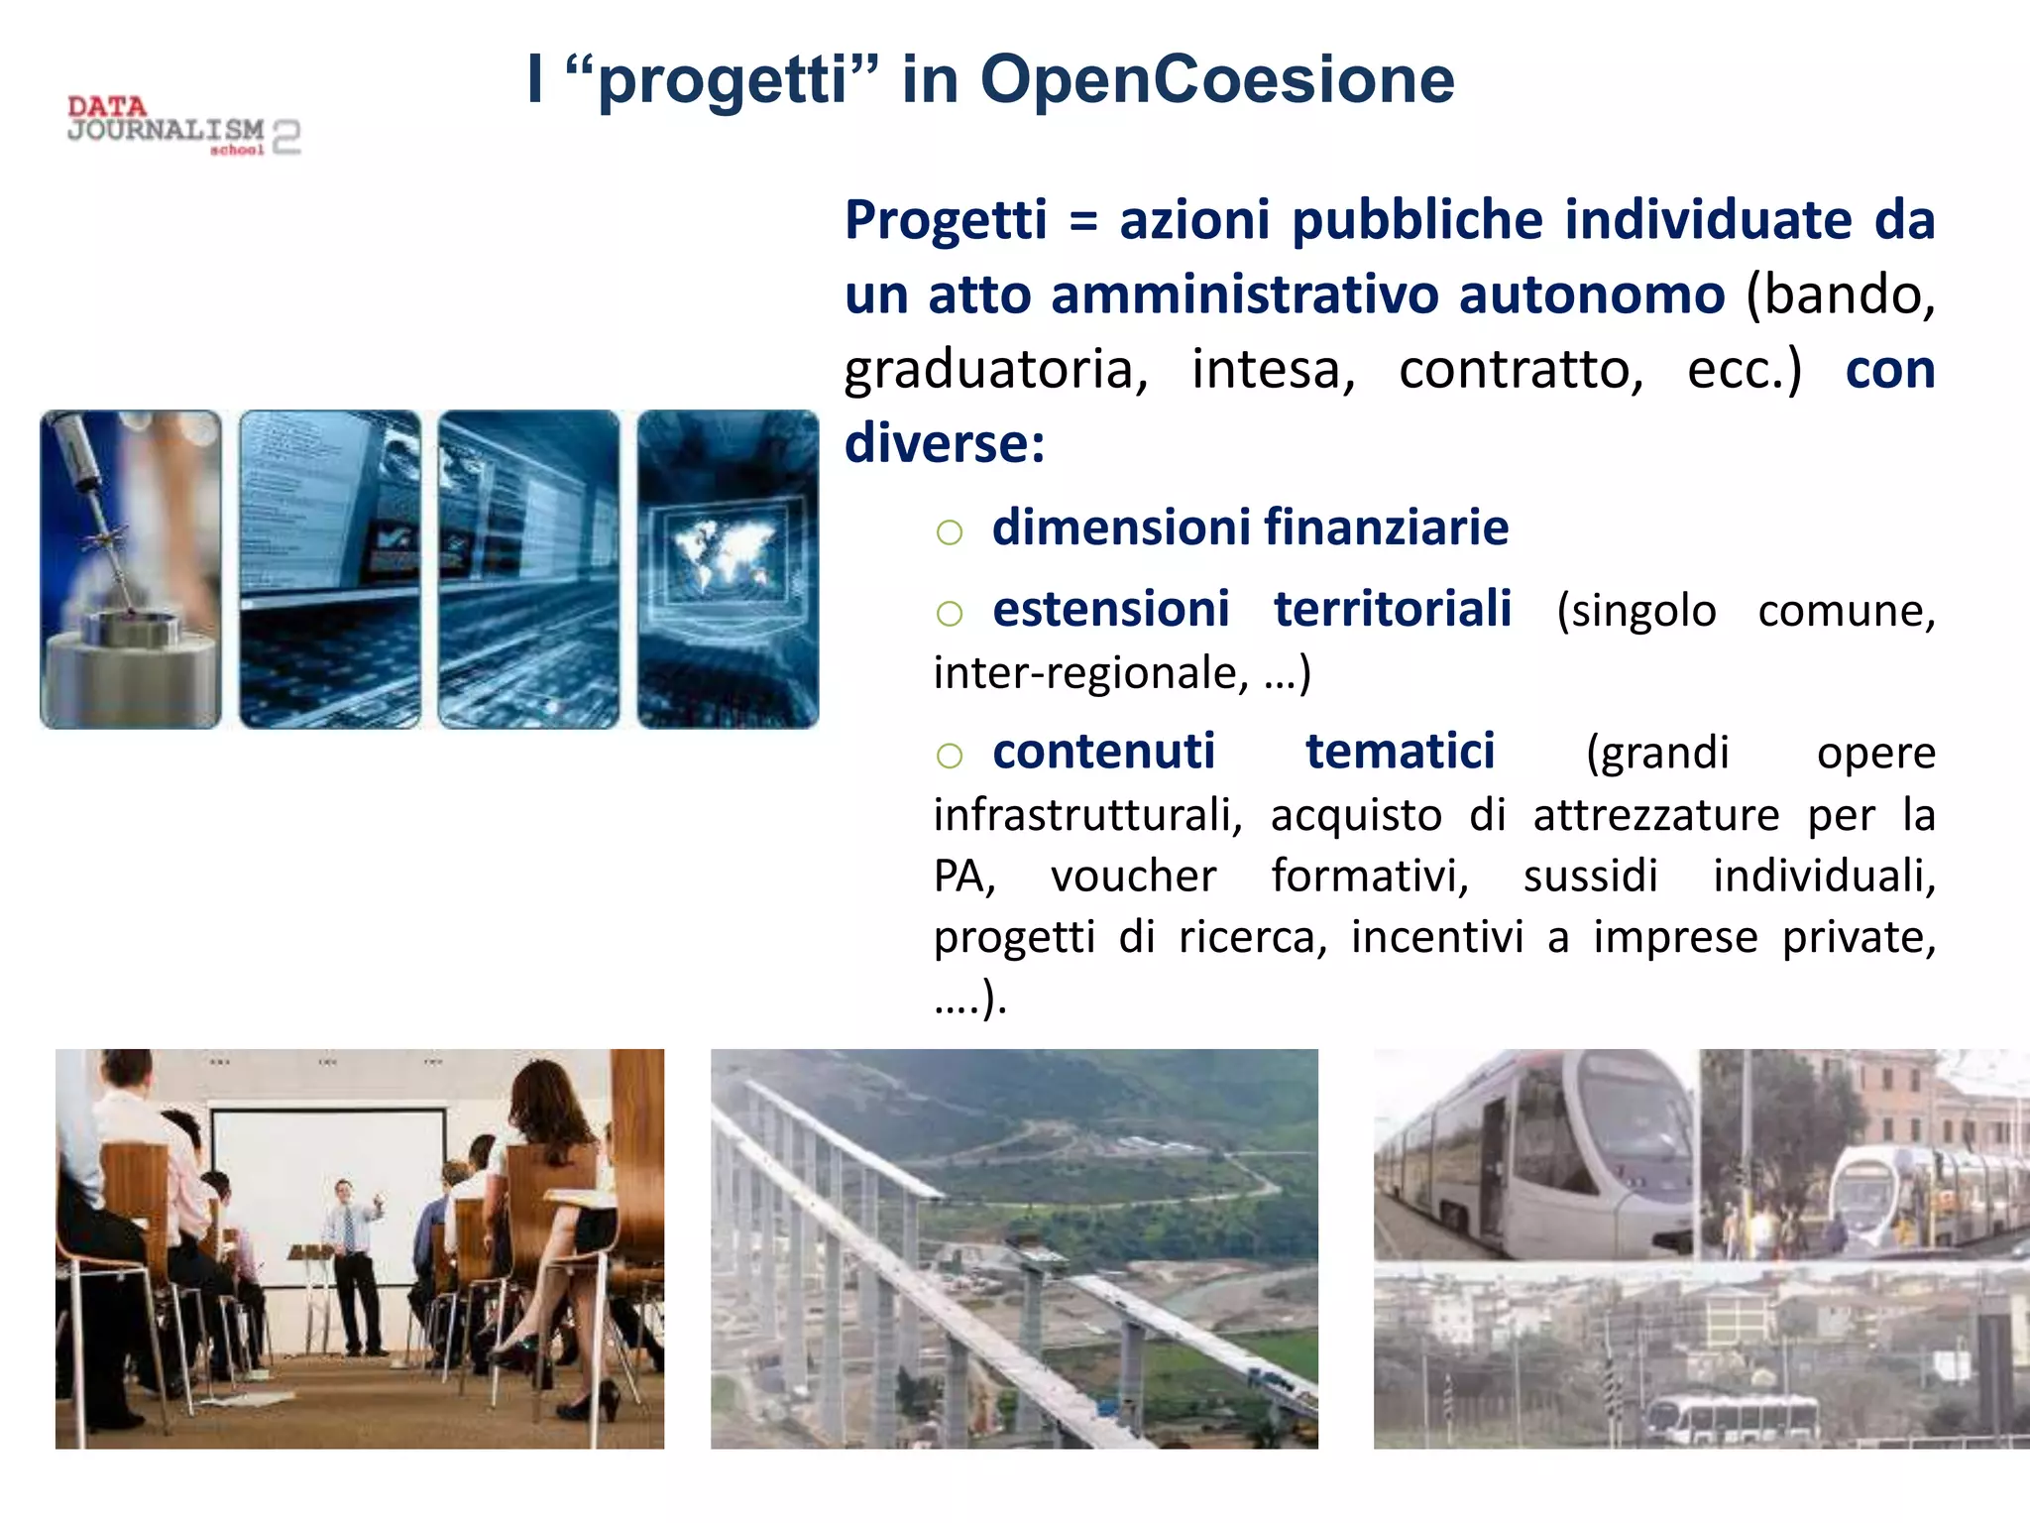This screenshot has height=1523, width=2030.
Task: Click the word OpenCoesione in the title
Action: pyautogui.click(x=1217, y=79)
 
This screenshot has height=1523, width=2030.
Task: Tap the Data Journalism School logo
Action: pyautogui.click(x=183, y=126)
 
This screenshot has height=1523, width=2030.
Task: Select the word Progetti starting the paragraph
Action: pyautogui.click(x=946, y=220)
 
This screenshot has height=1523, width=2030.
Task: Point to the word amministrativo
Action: pyautogui.click(x=1244, y=294)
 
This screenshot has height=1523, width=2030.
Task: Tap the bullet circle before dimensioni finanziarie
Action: pyautogui.click(x=949, y=532)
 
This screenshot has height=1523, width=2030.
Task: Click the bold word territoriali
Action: pyautogui.click(x=1393, y=609)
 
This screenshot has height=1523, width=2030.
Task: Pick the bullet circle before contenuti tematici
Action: pyautogui.click(x=949, y=756)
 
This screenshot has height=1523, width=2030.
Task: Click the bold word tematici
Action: pyautogui.click(x=1400, y=751)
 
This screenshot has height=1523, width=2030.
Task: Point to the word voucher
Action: pyautogui.click(x=1133, y=876)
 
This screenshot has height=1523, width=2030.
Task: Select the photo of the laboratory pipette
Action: pyautogui.click(x=131, y=569)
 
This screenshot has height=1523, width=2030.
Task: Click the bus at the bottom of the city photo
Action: pyautogui.click(x=1733, y=1418)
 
